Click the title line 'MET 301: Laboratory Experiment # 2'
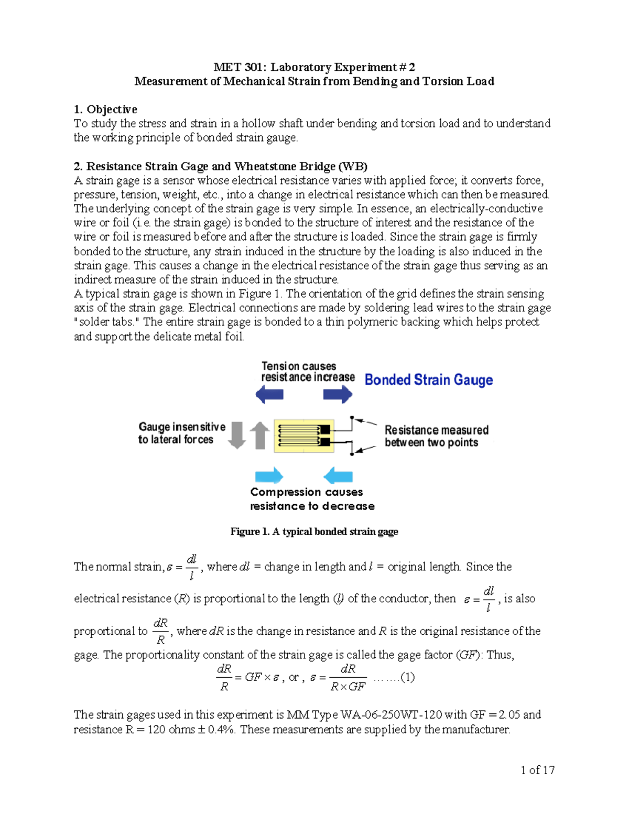(x=314, y=67)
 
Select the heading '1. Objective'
(x=105, y=109)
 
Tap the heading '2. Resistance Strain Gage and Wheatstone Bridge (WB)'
(x=220, y=166)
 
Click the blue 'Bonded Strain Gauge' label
(x=428, y=379)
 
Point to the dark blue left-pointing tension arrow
(x=269, y=394)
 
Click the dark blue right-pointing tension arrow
(x=338, y=394)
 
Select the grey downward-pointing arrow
(x=237, y=435)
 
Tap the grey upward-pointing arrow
(x=259, y=435)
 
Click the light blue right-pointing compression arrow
(x=269, y=476)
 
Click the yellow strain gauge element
(x=304, y=436)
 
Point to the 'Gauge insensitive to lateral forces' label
(x=181, y=433)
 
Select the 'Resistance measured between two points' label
(x=436, y=436)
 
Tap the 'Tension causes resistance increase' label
(x=308, y=372)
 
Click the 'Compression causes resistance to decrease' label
(x=312, y=499)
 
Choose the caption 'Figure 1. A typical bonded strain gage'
(x=314, y=531)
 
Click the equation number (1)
(x=407, y=677)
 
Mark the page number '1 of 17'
(x=537, y=770)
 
